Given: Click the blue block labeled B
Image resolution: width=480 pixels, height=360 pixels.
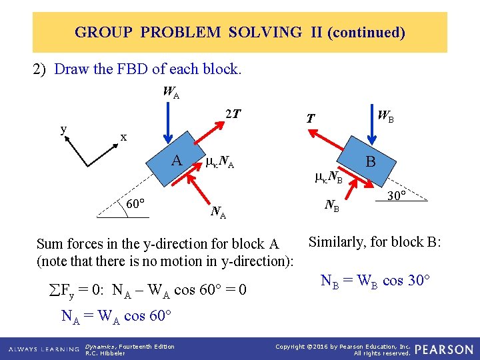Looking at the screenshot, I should (370, 161).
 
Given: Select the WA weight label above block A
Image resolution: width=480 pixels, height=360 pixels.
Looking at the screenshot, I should (171, 93).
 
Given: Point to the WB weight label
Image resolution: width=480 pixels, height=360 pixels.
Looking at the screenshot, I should (385, 115).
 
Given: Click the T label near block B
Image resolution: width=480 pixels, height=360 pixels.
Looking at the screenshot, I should (310, 119).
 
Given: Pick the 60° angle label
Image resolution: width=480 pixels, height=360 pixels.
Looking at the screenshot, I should (137, 203).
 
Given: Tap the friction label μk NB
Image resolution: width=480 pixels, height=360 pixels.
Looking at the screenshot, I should (328, 177).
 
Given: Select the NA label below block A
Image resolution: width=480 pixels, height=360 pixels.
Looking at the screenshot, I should (218, 213).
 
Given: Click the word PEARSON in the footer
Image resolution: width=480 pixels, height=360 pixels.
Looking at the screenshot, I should (444, 349).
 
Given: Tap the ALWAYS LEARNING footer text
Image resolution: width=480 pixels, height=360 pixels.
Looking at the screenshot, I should (44, 349).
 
